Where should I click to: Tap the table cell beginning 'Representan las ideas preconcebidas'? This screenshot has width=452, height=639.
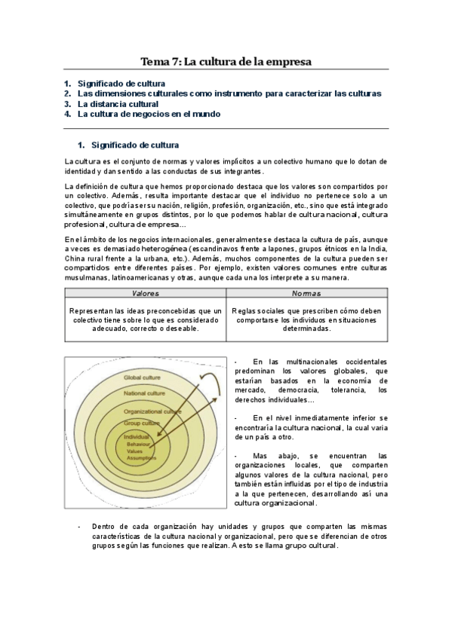(x=146, y=319)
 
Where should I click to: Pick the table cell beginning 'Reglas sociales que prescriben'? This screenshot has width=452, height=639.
(x=306, y=319)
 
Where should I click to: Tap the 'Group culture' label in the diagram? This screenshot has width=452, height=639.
(x=140, y=424)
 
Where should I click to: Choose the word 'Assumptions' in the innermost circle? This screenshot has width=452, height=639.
(x=141, y=457)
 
